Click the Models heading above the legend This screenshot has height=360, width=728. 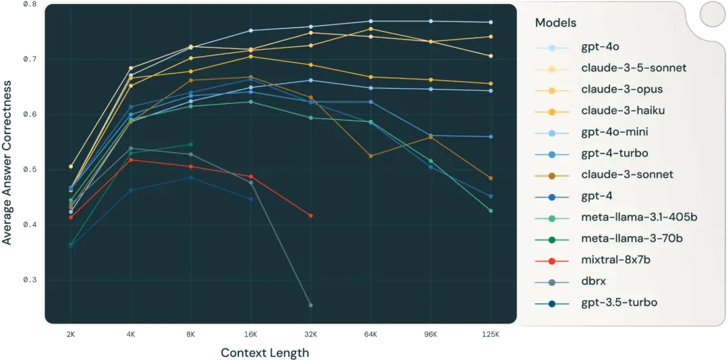pos(555,23)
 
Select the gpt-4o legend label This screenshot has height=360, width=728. pos(600,47)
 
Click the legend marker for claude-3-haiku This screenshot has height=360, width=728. pos(551,111)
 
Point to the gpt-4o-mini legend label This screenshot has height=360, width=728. pos(615,132)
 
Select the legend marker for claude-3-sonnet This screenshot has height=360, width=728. pos(551,175)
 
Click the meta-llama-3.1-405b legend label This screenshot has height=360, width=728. pos(639,217)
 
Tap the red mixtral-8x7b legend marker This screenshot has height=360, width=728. pos(551,260)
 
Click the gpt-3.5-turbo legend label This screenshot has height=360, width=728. pos(619,303)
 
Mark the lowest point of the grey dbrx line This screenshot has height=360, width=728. pos(311,305)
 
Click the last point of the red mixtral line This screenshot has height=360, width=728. pos(311,216)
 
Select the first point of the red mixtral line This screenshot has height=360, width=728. pos(71,217)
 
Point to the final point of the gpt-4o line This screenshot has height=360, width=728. pos(491,22)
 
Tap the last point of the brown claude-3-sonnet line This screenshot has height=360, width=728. pos(491,178)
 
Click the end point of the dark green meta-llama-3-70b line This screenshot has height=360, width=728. pos(191,144)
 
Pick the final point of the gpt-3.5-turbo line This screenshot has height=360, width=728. pos(251,199)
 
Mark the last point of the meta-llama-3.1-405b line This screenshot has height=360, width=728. pos(491,211)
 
